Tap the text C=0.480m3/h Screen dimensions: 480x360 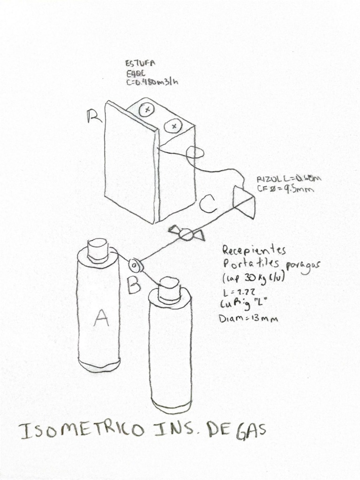151,82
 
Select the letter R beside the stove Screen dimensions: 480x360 94,117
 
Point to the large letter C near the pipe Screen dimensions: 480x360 208,204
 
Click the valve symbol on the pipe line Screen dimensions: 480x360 187,233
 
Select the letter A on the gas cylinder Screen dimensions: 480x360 101,319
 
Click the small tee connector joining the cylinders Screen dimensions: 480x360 135,266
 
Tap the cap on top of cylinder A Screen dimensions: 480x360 98,249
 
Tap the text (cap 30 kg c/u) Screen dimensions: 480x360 254,278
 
